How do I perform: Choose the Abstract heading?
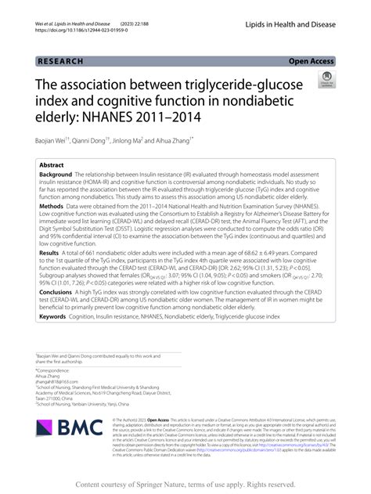(x=52, y=166)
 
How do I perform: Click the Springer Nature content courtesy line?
(x=185, y=484)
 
